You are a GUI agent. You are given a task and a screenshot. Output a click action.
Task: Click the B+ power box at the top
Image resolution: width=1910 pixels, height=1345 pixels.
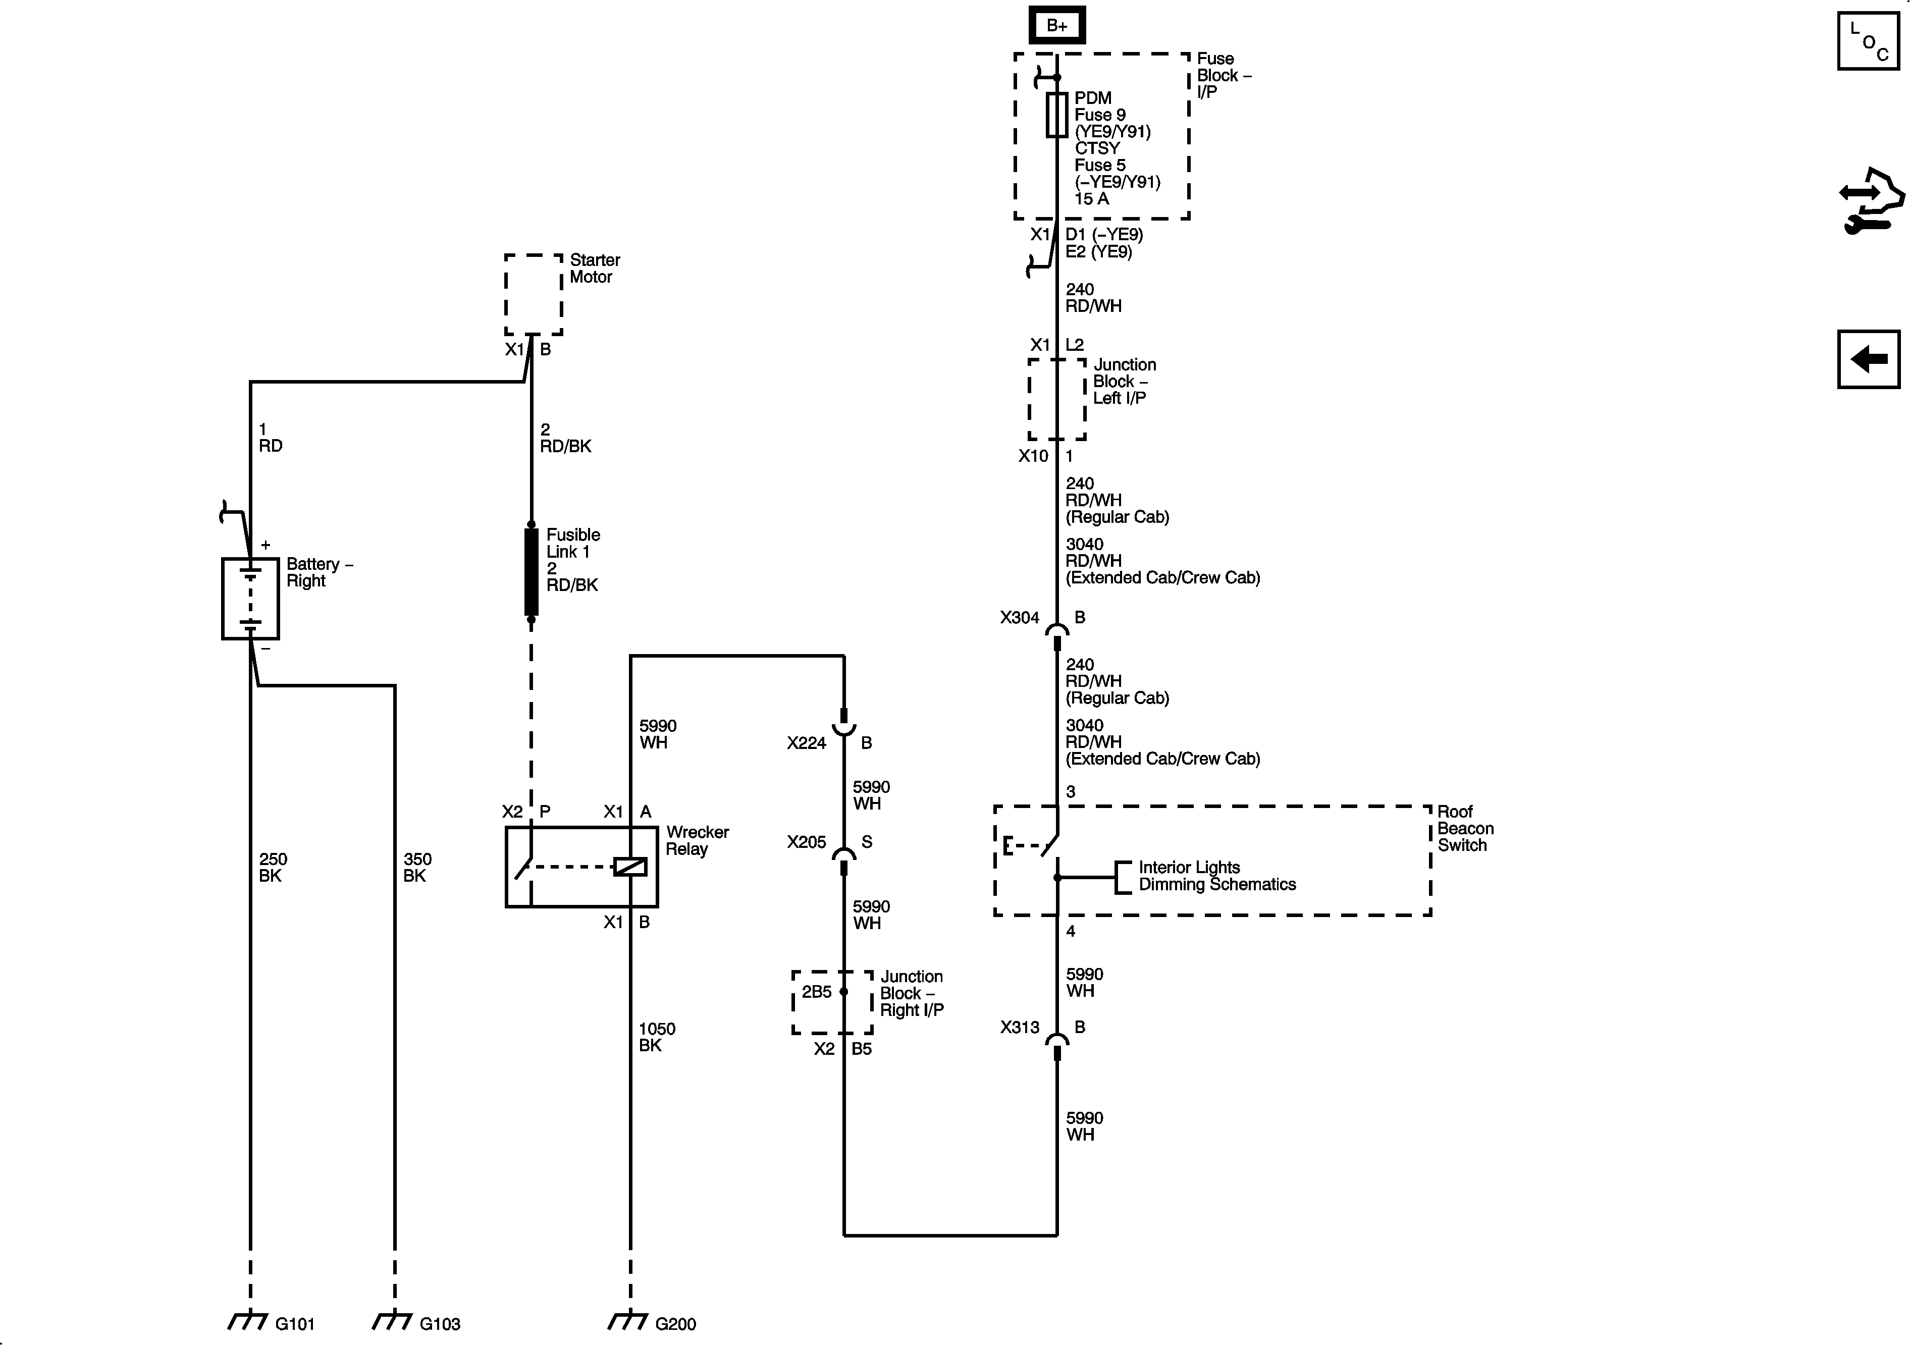point(1056,26)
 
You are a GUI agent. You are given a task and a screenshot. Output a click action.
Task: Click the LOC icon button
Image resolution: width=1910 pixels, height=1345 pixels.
point(1868,41)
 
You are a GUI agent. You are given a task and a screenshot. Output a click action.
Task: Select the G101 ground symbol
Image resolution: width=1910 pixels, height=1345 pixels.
point(249,1320)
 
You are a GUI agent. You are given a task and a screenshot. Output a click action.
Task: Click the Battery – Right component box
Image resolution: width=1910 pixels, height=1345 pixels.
point(249,598)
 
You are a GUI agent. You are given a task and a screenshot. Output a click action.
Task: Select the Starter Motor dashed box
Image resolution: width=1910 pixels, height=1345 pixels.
point(533,294)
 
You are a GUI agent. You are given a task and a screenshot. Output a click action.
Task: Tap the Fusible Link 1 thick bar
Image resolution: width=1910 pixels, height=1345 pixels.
point(532,572)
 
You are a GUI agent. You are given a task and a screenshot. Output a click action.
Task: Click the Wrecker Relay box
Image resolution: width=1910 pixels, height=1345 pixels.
point(581,867)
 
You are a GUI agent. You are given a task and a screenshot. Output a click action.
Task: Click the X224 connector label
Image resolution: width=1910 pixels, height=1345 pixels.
point(806,743)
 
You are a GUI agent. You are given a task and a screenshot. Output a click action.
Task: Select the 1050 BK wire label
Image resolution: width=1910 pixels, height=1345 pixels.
point(656,1037)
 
